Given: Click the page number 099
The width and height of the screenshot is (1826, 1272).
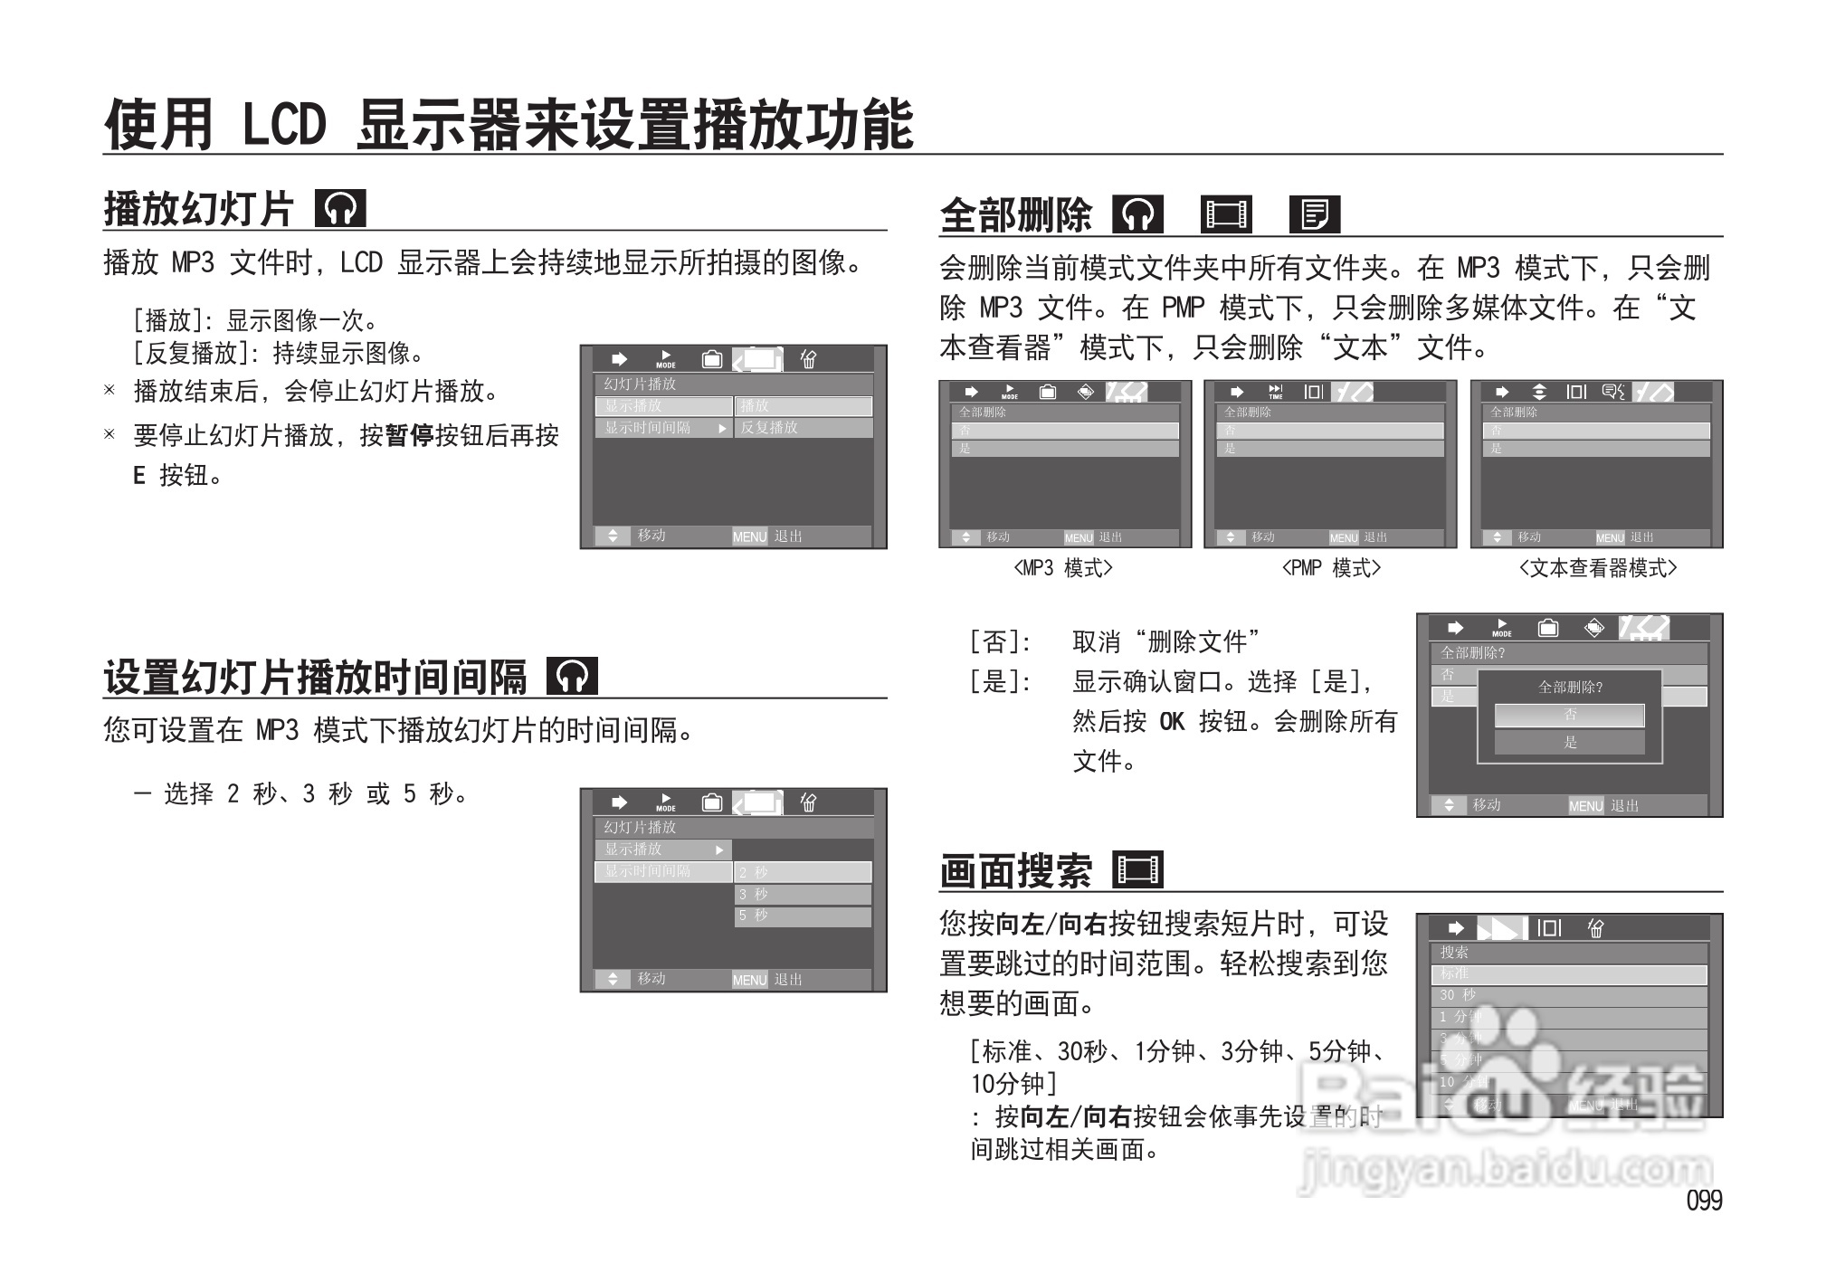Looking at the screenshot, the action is point(1704,1201).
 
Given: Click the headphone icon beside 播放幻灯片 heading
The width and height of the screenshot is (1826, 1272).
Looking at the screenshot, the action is point(340,208).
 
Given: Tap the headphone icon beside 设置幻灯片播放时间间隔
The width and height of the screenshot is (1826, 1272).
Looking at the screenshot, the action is point(572,676).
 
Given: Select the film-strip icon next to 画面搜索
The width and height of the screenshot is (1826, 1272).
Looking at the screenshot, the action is point(1137,869).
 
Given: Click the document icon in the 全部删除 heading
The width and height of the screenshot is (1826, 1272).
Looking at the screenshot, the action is point(1314,214).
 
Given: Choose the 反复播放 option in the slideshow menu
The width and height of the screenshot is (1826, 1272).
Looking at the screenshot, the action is point(802,428).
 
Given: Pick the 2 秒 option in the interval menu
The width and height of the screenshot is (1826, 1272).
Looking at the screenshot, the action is point(802,872).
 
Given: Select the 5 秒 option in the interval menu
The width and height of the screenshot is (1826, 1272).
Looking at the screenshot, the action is point(802,916).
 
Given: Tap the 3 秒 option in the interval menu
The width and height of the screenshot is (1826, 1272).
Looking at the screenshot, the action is point(802,894).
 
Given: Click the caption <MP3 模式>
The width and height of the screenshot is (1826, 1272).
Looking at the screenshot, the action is point(1063,568).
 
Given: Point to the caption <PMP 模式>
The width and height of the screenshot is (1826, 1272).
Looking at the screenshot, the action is point(1330,568).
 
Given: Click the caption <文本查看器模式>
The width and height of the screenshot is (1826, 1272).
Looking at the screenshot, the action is point(1597,568).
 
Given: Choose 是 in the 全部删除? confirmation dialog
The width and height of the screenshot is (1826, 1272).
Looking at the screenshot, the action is point(1570,742).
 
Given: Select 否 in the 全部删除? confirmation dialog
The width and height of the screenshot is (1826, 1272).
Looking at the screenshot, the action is point(1570,716).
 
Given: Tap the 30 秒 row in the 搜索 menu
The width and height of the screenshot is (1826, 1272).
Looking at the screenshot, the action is point(1569,995).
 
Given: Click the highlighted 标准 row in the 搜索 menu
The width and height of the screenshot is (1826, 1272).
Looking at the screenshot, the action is point(1569,973).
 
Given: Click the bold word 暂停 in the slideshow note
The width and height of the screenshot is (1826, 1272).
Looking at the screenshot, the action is point(409,435).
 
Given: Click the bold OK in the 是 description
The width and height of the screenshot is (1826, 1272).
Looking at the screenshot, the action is point(1171,721).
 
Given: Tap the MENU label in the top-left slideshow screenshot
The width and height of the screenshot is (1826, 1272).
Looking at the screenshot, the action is point(749,536).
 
